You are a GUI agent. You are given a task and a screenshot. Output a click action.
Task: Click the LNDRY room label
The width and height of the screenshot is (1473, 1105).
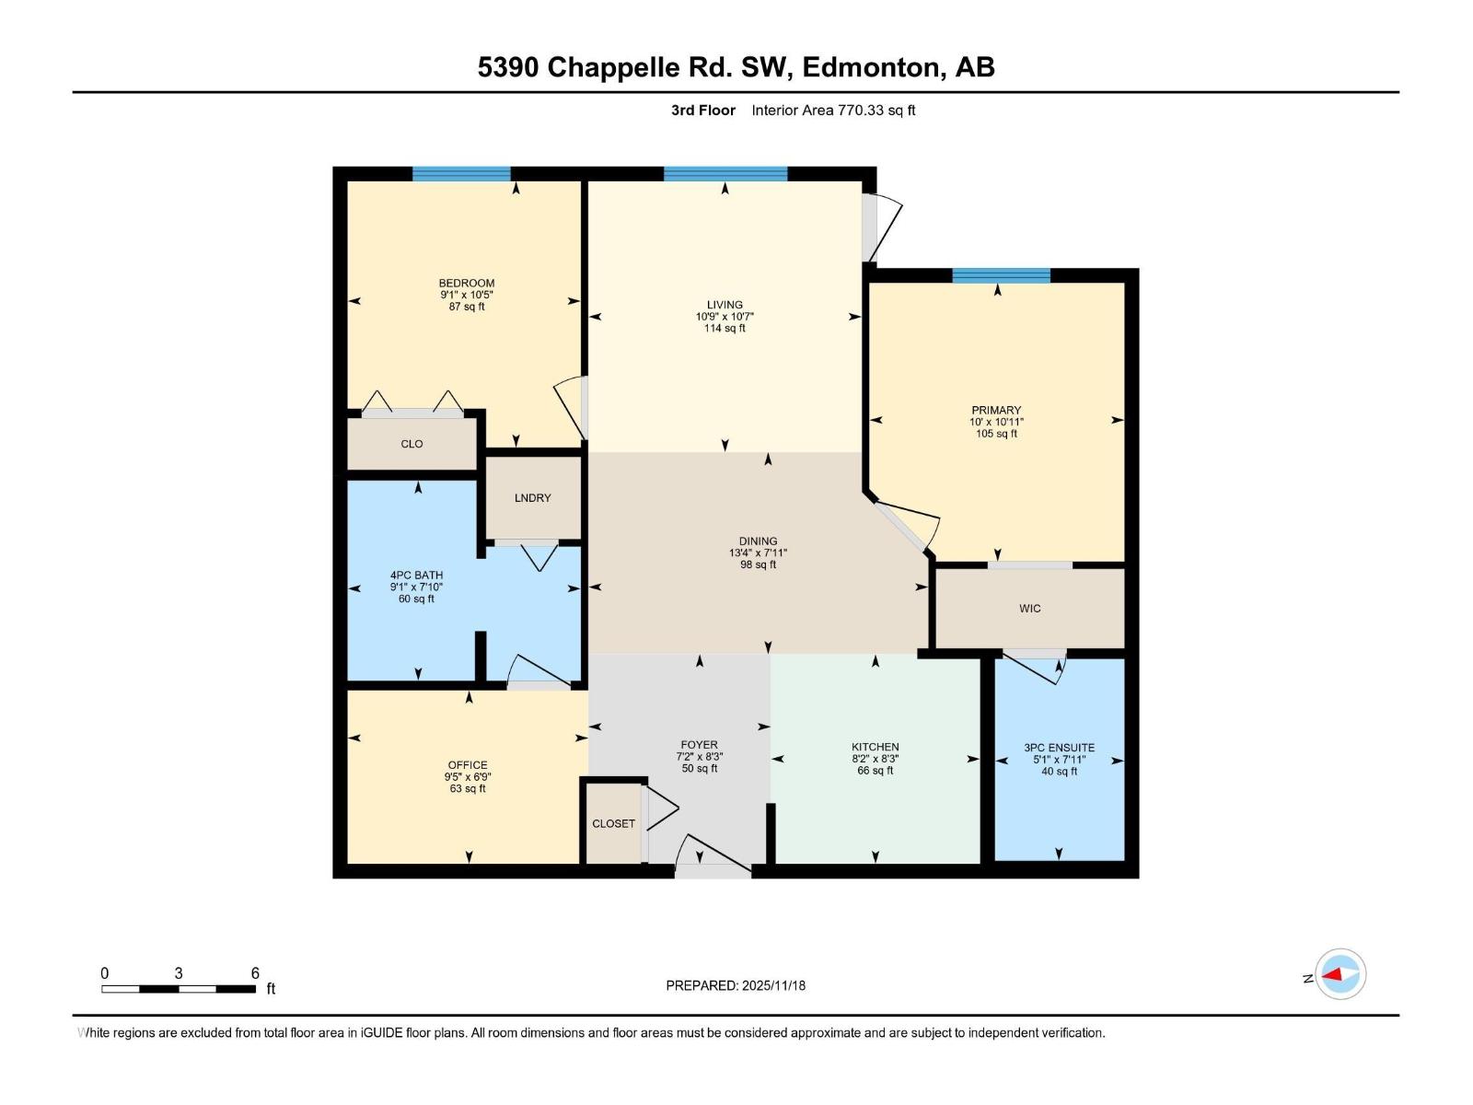[532, 498]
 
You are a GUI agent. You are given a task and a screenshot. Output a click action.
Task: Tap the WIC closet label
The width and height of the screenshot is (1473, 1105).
[1029, 609]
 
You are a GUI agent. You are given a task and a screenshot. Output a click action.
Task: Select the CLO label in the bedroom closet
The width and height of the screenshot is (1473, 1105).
[412, 444]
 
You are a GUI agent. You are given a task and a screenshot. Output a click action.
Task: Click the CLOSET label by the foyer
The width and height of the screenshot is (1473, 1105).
[613, 824]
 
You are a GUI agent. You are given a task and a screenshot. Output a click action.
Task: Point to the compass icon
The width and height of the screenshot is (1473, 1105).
[1340, 974]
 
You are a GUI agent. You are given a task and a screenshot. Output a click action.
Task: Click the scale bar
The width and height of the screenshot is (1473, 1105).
[179, 989]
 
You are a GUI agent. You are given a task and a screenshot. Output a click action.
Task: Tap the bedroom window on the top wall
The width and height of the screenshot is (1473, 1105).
[461, 174]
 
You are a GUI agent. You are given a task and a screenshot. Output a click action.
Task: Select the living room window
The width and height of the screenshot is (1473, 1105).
[725, 174]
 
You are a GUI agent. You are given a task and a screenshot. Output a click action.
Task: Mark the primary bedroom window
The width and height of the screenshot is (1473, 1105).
[1001, 275]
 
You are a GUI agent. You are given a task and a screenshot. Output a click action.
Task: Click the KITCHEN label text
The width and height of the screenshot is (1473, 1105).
[875, 747]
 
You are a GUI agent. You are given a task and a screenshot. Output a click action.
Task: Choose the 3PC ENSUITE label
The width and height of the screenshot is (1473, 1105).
[1059, 748]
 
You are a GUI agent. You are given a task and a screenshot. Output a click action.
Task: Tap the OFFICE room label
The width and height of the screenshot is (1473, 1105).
[468, 765]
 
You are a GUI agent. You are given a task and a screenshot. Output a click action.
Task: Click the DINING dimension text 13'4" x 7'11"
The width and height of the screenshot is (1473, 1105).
[758, 553]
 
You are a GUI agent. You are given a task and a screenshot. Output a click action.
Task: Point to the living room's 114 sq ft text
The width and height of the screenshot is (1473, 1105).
[725, 329]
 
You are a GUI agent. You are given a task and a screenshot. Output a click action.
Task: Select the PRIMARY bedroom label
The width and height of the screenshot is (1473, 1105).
[996, 411]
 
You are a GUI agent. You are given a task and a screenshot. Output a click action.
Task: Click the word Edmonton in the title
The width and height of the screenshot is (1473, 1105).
[873, 67]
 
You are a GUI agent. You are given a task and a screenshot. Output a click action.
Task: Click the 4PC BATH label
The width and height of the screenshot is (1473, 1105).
[416, 576]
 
